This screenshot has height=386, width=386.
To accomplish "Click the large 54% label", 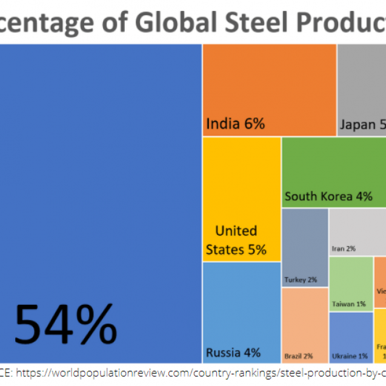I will [x=65, y=325].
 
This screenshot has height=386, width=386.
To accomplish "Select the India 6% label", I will [x=235, y=124].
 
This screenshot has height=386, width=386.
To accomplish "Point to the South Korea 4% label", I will [x=328, y=196].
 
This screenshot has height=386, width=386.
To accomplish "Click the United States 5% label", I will [x=236, y=240].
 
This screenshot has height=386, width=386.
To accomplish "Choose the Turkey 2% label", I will [x=301, y=280].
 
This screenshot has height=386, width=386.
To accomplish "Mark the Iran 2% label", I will [x=344, y=248].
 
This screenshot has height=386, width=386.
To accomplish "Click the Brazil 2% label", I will [x=299, y=356].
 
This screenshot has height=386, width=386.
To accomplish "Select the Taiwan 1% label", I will [x=348, y=304].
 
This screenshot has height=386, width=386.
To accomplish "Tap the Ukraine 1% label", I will [x=350, y=356].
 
